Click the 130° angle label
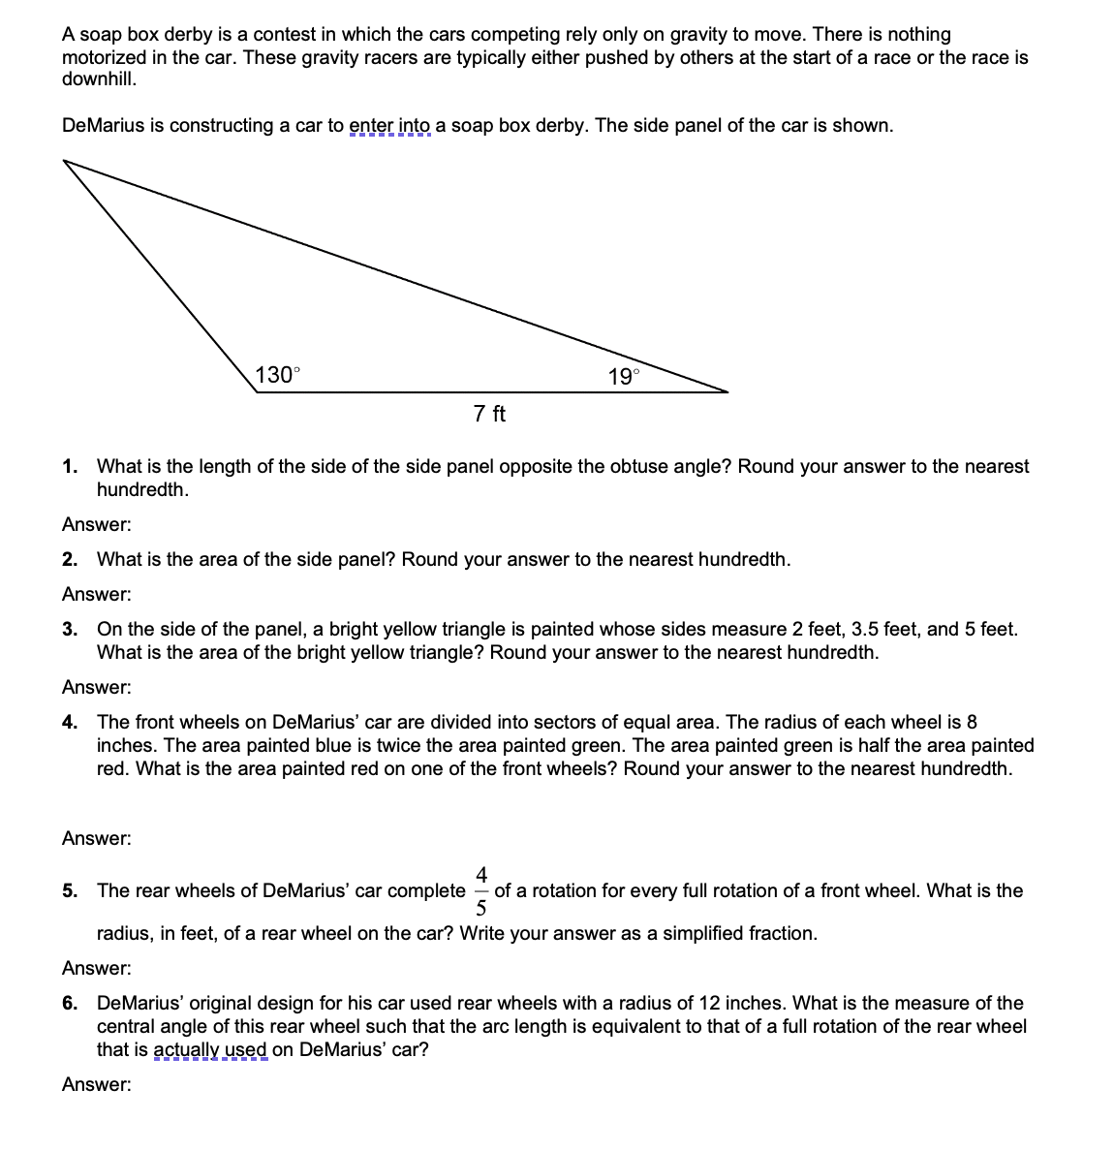278,375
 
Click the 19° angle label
624,377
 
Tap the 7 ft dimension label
489,415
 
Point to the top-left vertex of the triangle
65,161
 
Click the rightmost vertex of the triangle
727,391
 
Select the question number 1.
69,467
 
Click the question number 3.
69,630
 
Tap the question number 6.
69,1004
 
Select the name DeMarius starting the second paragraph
103,126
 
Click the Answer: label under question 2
97,595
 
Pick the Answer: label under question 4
97,839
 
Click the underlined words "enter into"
389,126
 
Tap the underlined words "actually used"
210,1050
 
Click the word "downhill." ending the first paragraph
99,79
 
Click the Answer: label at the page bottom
97,1085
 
